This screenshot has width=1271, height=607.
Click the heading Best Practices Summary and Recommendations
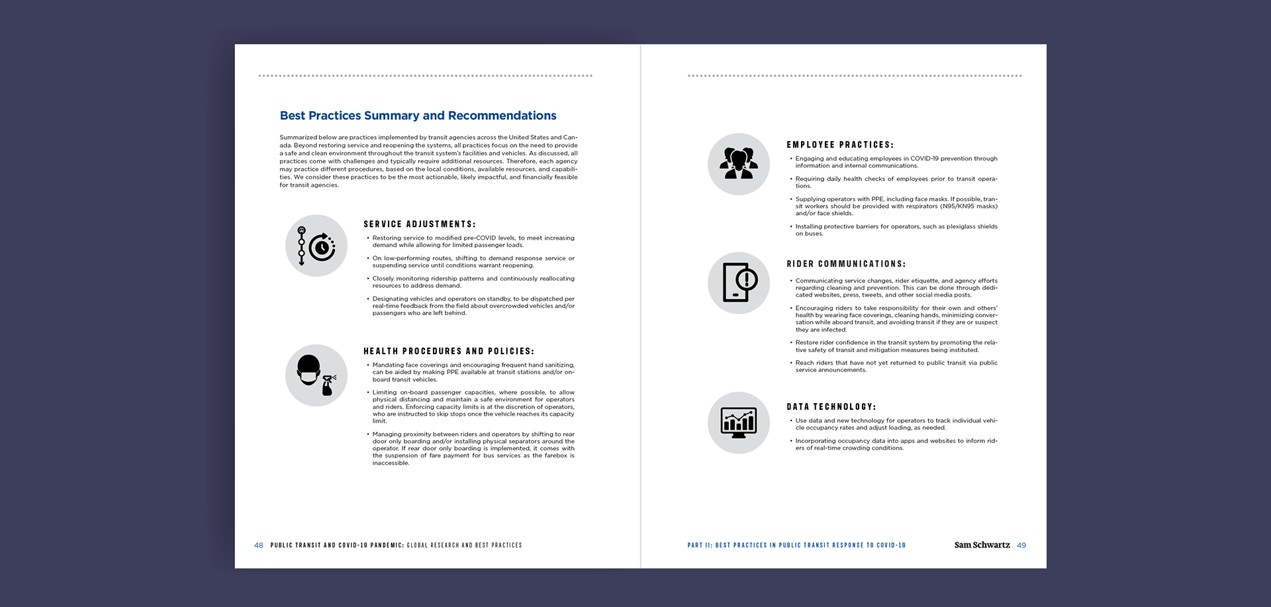[418, 116]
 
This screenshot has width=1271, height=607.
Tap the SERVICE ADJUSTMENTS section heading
[419, 224]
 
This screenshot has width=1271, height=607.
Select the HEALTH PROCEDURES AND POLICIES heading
[448, 351]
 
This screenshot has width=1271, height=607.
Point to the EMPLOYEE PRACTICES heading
[839, 145]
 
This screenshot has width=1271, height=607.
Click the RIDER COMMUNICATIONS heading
[845, 264]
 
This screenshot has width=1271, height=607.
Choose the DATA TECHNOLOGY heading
[831, 407]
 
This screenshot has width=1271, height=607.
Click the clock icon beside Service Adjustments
[322, 248]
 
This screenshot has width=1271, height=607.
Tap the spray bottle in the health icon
[328, 385]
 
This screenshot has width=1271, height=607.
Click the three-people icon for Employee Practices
[738, 163]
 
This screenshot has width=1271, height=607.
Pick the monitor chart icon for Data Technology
[738, 422]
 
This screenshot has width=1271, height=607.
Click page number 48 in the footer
[258, 545]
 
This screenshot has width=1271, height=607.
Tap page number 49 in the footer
[1021, 545]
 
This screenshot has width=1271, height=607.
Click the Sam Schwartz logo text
[982, 545]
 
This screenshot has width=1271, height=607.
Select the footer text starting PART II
[796, 545]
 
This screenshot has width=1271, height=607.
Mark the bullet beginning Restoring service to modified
[473, 242]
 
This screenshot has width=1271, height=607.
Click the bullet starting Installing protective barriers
[896, 230]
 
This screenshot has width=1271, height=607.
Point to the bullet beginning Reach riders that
[896, 366]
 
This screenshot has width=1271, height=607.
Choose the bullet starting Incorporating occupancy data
[896, 444]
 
